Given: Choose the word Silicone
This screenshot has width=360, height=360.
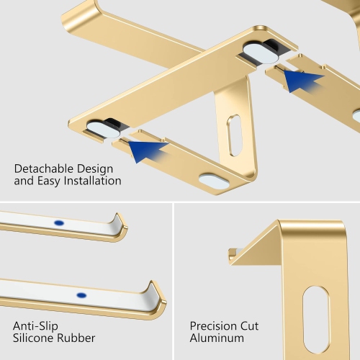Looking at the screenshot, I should [x=35, y=338].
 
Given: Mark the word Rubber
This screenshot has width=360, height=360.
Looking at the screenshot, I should [x=76, y=338].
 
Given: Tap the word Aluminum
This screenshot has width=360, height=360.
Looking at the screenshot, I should [x=217, y=338].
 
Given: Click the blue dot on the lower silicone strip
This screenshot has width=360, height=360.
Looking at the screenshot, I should [x=81, y=295].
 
